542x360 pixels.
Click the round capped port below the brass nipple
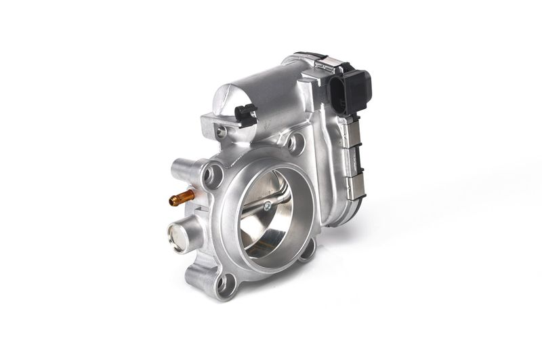[x=177, y=238]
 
